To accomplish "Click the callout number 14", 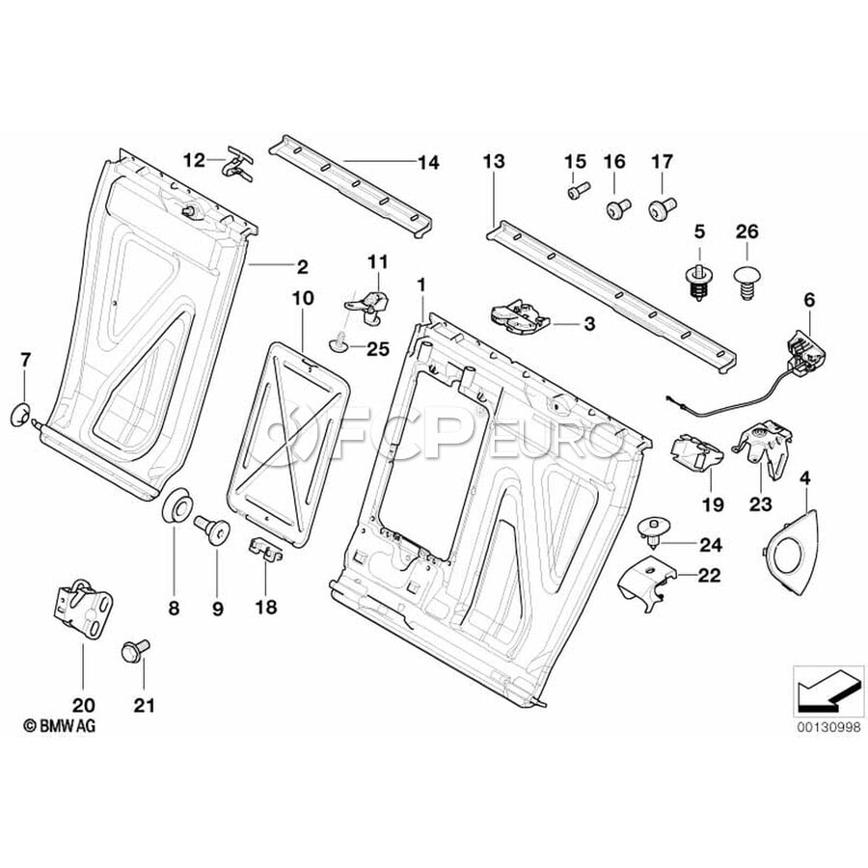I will pyautogui.click(x=428, y=163).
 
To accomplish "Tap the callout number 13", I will pyautogui.click(x=493, y=163).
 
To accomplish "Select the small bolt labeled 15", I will pyautogui.click(x=575, y=192).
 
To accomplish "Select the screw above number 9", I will pyautogui.click(x=213, y=528).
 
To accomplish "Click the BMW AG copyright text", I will pyautogui.click(x=60, y=724).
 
